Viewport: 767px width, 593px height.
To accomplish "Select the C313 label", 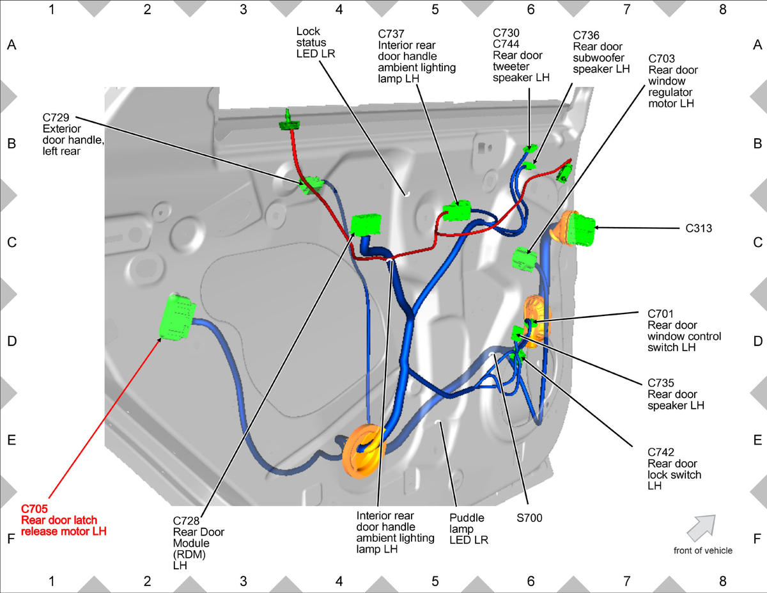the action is coord(699,228).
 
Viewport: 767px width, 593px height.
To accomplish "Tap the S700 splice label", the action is coord(529,518).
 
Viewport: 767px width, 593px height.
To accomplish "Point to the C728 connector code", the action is coord(186,521).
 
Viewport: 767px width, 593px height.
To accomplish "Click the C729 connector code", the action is coord(56,118).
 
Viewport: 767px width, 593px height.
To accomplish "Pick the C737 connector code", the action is coord(391,34).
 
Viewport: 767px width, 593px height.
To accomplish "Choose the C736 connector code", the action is coord(586,35).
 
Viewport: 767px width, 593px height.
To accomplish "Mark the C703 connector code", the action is coord(662,59).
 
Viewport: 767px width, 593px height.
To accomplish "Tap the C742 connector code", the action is coord(661,452).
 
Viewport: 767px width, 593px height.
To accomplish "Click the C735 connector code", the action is coord(661,383).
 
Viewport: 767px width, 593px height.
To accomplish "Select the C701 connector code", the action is coord(660,313).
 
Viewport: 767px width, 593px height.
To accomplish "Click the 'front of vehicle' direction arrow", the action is coord(701,528).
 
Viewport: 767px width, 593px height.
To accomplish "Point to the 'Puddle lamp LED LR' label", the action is coord(469,529).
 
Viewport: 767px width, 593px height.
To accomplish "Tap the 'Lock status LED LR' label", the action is coord(315,42).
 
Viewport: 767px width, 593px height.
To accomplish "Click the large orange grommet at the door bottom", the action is coord(364,450).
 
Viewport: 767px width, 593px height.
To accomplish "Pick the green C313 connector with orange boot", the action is coord(580,229).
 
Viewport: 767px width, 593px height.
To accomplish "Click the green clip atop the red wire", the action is coord(289,121).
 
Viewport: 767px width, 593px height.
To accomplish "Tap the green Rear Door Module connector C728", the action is coord(366,225).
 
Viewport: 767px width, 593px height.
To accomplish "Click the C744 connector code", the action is coord(506,43).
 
